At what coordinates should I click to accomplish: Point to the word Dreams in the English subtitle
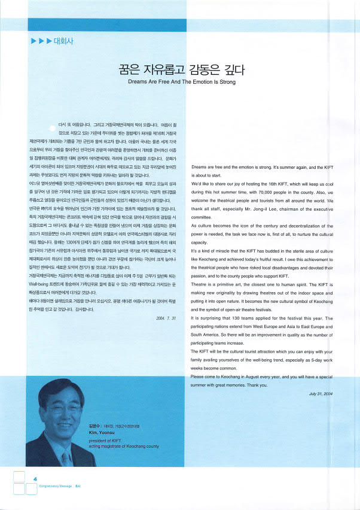138,81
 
